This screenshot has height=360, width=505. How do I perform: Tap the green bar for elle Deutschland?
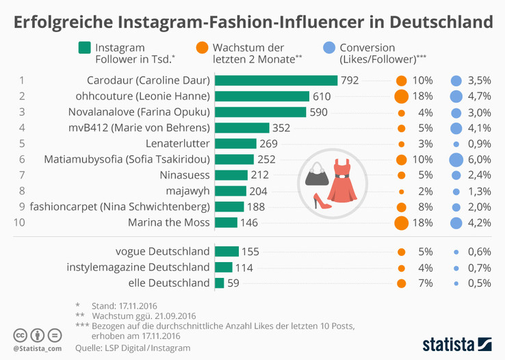point(219,283)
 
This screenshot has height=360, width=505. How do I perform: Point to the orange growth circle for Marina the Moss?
point(402,222)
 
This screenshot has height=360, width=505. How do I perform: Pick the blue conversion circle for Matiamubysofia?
point(456,159)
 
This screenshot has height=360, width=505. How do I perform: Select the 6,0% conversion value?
point(479,159)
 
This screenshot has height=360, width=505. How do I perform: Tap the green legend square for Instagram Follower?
point(85,48)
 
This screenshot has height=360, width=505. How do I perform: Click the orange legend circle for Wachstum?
point(202,48)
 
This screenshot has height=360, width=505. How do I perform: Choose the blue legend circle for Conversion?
point(328,48)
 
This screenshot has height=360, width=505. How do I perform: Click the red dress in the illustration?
point(340,180)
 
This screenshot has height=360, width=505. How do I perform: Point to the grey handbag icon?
point(316,176)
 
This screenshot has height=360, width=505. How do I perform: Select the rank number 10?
point(21,222)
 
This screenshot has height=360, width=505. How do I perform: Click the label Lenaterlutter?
point(177,144)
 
